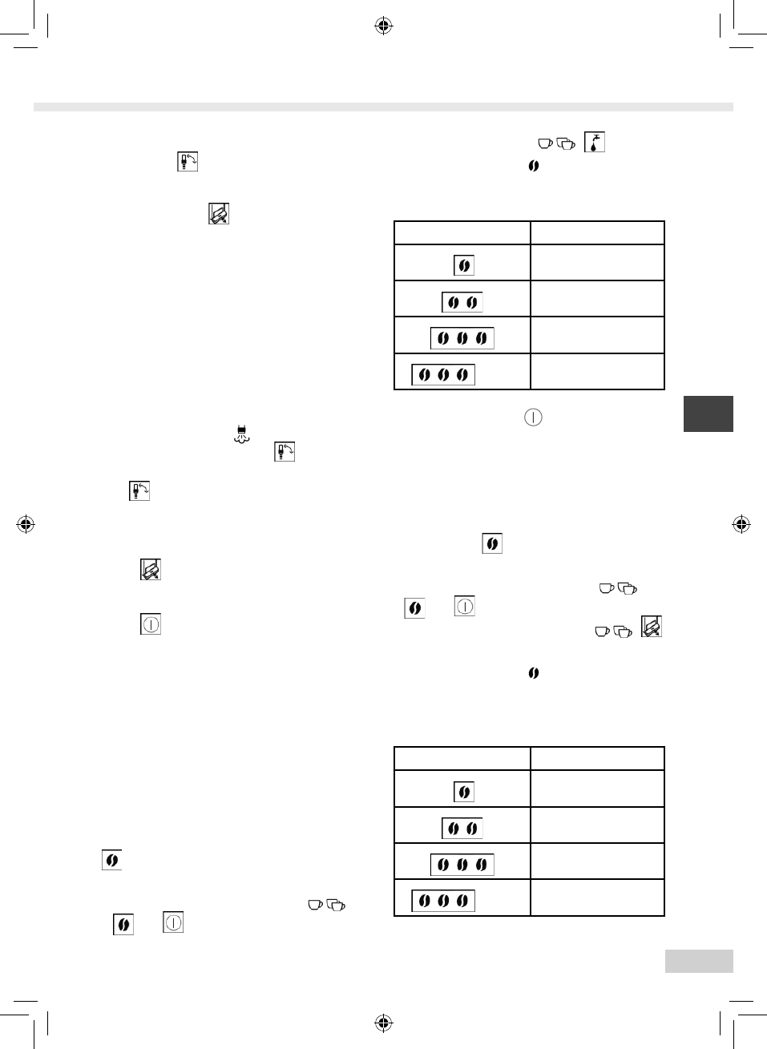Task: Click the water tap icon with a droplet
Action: (594, 143)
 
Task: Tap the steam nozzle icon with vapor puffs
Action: (241, 435)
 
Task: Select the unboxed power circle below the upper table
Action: (533, 418)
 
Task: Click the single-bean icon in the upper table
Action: (463, 266)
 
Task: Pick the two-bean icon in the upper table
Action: (462, 302)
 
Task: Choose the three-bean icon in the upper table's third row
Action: (462, 338)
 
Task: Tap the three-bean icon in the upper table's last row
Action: (443, 374)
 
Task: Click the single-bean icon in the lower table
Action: (463, 793)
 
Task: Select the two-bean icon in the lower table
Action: (462, 829)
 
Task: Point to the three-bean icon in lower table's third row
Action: (462, 865)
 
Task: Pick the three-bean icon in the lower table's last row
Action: (443, 901)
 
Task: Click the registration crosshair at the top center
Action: (384, 26)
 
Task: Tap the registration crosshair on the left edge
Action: (26, 525)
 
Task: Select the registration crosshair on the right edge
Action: (741, 525)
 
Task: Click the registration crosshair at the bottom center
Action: (384, 1023)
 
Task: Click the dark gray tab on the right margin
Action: (708, 414)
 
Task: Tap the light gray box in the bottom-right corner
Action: (699, 961)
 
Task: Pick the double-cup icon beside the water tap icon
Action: (566, 144)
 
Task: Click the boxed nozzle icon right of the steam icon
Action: (285, 451)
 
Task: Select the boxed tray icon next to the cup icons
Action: (652, 627)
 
